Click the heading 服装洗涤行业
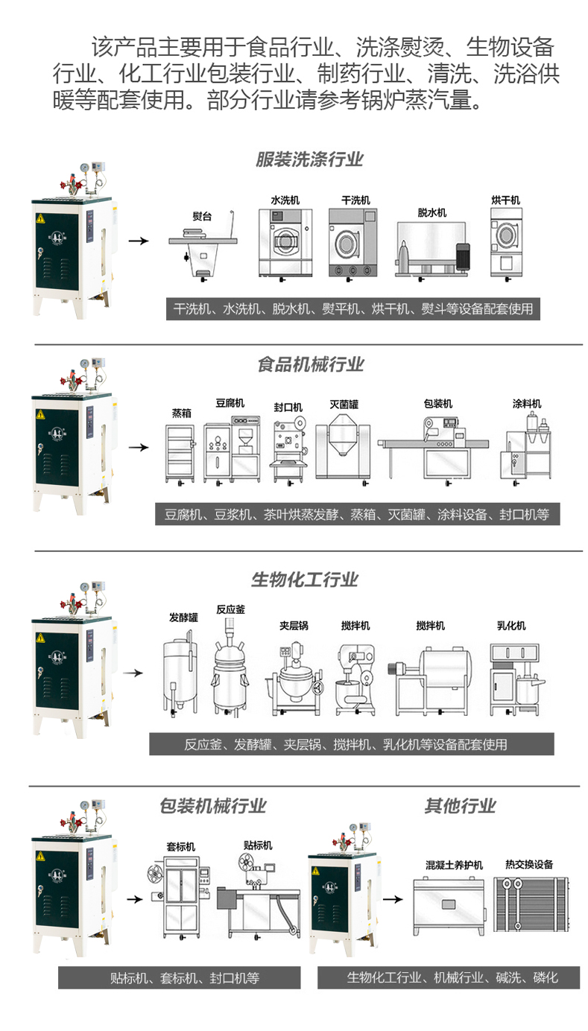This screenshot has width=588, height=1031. (309, 159)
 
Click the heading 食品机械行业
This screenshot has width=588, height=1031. (311, 364)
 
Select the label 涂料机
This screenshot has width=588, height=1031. (526, 404)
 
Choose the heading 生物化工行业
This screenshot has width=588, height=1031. (305, 580)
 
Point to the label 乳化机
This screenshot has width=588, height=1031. (511, 626)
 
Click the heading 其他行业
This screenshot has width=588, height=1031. (460, 807)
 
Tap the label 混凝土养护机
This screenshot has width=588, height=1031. (454, 865)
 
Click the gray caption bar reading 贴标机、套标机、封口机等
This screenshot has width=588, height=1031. (180, 978)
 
